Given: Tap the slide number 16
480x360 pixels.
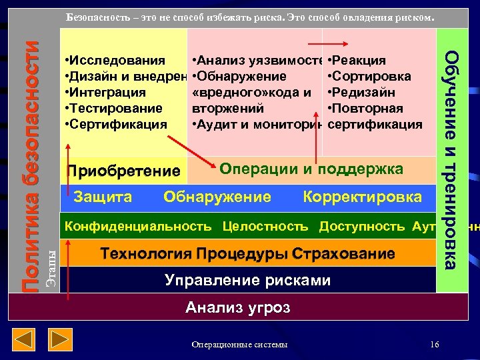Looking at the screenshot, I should [x=435, y=344].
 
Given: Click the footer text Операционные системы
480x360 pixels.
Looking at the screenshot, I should [x=239, y=344].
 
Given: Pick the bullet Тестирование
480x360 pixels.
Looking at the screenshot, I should [x=114, y=108].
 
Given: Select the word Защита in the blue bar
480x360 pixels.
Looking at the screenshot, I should [x=103, y=197].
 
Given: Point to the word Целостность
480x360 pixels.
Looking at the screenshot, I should [x=265, y=226].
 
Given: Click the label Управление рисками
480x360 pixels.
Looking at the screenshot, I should [x=247, y=280].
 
